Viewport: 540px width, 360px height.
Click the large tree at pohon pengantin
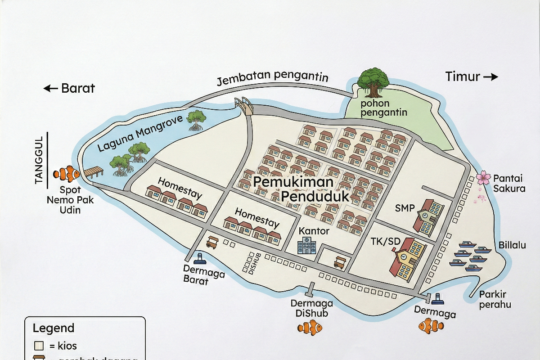373,82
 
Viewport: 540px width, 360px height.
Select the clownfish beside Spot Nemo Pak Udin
66,173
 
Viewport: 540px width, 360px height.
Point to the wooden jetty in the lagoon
94,172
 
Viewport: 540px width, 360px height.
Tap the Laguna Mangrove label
140,133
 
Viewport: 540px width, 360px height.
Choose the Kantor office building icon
306,246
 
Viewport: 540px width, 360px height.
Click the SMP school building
429,216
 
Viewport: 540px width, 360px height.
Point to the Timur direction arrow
490,77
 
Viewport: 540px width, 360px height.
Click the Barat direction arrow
50,89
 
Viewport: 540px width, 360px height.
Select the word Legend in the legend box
54,328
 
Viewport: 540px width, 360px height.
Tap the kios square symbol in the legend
39,346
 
